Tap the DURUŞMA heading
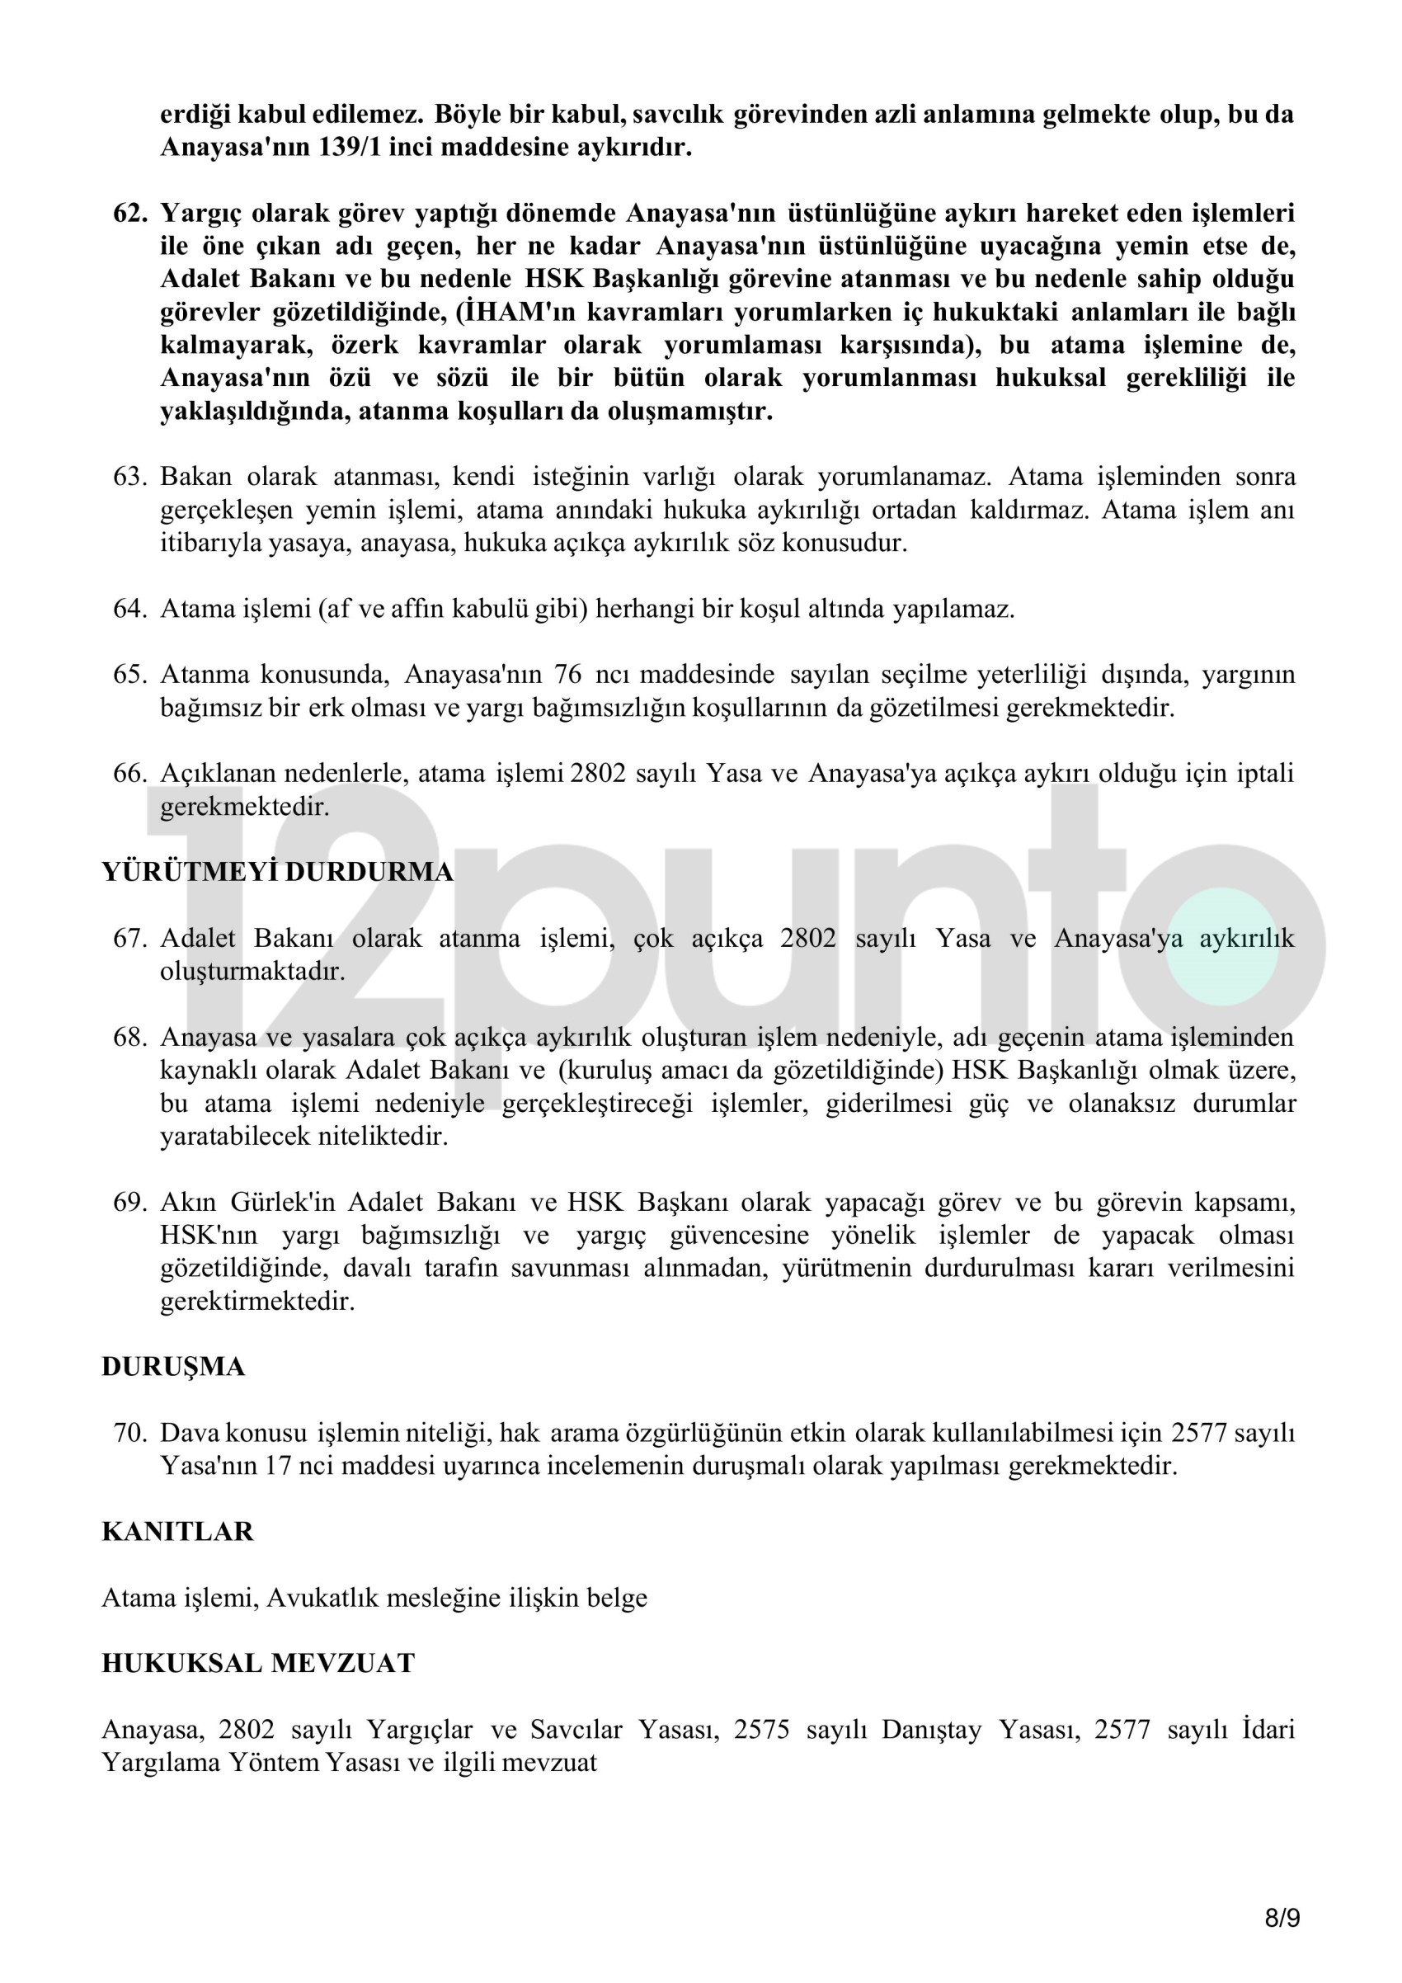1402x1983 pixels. coord(172,1366)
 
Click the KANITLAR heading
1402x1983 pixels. coord(177,1531)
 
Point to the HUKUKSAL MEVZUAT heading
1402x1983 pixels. coord(258,1664)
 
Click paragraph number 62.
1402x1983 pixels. coord(130,214)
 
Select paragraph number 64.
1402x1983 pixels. coord(130,609)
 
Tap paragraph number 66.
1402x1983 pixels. coord(130,773)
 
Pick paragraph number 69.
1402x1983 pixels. coord(130,1202)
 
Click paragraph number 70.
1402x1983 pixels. coord(130,1433)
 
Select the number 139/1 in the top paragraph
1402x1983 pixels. coord(349,148)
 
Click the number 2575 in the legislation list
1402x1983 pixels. coord(761,1730)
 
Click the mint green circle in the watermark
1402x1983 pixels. coord(1225,947)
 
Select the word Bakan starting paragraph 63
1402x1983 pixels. coord(196,477)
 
